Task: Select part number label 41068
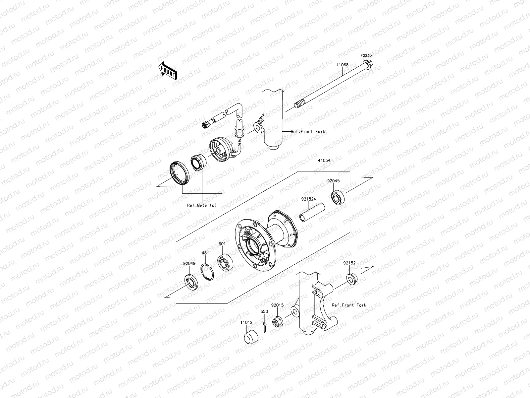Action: click(x=343, y=65)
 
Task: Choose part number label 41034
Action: click(x=324, y=160)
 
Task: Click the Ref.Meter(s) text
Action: click(x=202, y=205)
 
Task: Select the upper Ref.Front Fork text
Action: click(x=308, y=132)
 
